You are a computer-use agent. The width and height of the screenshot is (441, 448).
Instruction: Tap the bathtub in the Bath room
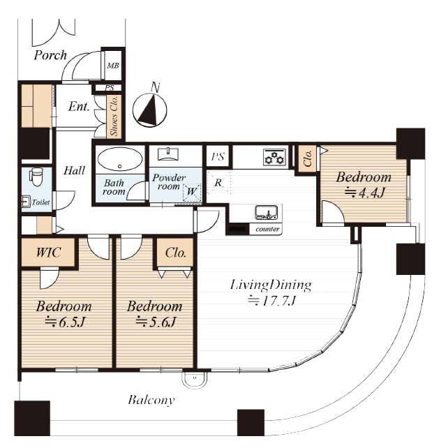pos(120,159)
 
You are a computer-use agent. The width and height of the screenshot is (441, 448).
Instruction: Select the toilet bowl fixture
pos(36,177)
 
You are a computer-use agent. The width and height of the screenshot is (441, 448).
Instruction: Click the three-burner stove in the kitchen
pos(274,157)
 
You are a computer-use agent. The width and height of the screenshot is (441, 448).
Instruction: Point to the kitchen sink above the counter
pos(267,212)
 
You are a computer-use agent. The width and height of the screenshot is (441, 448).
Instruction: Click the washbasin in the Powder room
pos(169,154)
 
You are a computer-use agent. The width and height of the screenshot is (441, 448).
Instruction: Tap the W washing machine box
pos(192,191)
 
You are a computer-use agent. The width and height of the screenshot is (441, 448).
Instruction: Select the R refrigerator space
pos(218,183)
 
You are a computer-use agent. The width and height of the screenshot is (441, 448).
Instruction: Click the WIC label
pos(48,253)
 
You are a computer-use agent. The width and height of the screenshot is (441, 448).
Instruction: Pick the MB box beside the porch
pos(113,66)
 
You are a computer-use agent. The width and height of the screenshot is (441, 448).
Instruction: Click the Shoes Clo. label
pos(114,117)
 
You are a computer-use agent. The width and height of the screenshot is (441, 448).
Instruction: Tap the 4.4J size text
pos(364,193)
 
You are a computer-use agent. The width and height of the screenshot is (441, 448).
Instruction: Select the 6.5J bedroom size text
pos(64,322)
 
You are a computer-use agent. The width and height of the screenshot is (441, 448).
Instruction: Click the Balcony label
pos(151,400)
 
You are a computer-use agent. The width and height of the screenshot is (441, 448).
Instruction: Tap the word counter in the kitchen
pos(267,229)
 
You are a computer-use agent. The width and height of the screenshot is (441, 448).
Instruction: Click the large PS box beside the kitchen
pos(218,156)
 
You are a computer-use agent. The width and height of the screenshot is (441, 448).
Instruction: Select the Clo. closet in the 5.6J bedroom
pos(175,253)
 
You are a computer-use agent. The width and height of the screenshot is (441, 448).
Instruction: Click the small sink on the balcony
pos(195,380)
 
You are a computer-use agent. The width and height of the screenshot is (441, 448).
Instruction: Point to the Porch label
pos(50,55)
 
